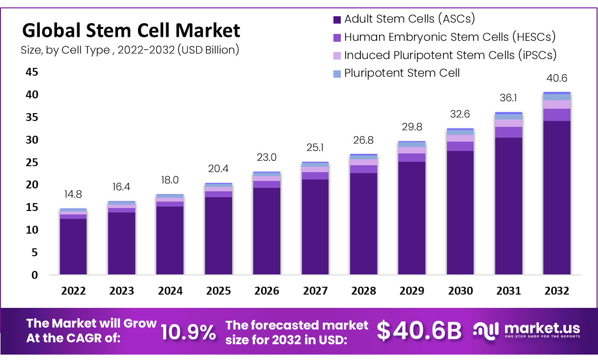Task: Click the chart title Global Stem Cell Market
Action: [x=131, y=30]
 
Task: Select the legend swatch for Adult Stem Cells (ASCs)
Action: [x=337, y=20]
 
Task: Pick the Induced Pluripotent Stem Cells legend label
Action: [x=450, y=55]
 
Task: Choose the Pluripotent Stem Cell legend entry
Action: [x=402, y=73]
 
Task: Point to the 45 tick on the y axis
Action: [x=32, y=72]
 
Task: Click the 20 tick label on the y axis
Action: [x=32, y=185]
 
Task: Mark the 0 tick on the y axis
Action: [x=35, y=275]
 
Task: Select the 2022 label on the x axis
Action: [x=73, y=291]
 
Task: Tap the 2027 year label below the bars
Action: [x=315, y=291]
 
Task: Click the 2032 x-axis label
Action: [x=557, y=291]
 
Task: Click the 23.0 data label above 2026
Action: [x=267, y=158]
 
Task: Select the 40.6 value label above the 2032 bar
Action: [x=557, y=78]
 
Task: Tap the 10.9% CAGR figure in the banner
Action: [x=188, y=333]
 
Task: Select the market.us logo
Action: [x=526, y=330]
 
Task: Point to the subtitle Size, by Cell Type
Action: [x=130, y=50]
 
